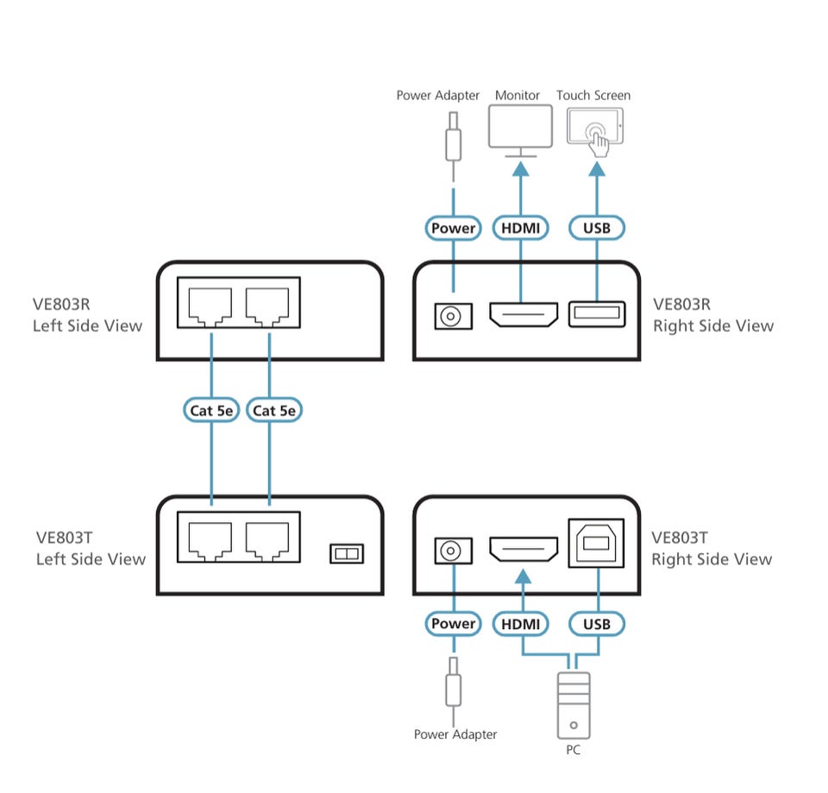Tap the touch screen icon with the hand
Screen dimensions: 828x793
pos(595,131)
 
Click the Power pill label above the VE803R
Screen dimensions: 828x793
pos(453,228)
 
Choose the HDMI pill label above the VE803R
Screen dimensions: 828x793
pos(521,228)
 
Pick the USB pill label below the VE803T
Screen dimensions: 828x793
pos(597,624)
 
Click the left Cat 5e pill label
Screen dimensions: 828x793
pos(211,411)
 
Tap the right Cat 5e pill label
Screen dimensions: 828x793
pos(274,411)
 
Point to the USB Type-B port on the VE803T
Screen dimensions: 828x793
pos(596,543)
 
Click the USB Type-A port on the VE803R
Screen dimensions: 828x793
pos(597,314)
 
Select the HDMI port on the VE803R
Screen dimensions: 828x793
pos(524,314)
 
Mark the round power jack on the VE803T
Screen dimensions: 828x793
pos(453,551)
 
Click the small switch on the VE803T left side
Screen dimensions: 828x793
pos(347,554)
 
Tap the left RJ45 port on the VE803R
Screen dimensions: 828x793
pos(210,306)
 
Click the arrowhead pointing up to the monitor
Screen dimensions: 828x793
pos(521,169)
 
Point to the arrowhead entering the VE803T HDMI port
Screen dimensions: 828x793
pos(523,576)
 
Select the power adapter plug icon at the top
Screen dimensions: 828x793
pos(453,136)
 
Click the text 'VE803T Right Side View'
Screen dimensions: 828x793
pos(712,549)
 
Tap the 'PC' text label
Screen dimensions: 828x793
pos(573,750)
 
